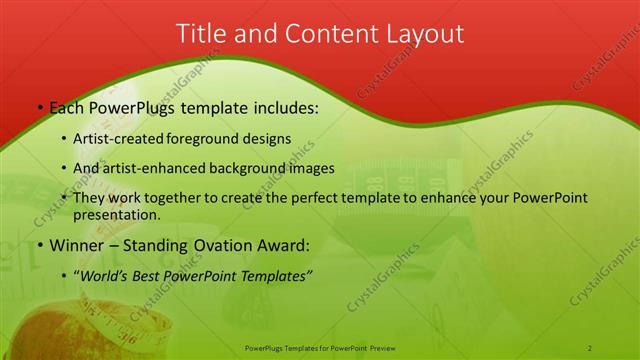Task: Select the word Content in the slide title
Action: point(328,33)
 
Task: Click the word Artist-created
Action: point(128,138)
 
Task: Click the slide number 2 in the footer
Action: point(590,347)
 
